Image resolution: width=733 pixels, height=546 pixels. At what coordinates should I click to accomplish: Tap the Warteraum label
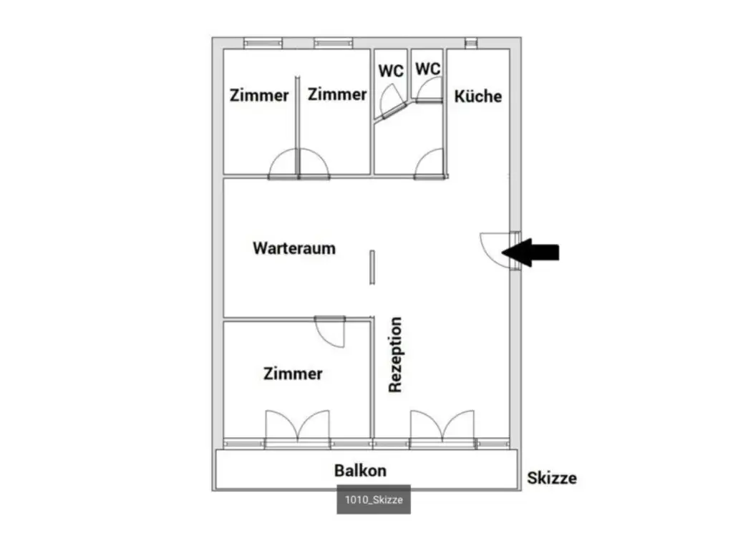pos(294,248)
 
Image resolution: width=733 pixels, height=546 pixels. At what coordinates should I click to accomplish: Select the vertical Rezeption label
pos(395,355)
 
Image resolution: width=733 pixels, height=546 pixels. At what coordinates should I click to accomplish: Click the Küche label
pos(478,96)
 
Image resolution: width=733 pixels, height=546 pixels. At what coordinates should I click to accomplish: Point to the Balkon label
pos(360,470)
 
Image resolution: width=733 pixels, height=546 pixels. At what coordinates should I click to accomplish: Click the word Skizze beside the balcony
pos(551,478)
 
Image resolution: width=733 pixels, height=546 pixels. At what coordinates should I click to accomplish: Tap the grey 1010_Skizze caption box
pos(374,500)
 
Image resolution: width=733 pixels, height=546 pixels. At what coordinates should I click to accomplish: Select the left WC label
pos(391,71)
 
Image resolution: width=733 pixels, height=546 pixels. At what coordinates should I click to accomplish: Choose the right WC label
pos(428,69)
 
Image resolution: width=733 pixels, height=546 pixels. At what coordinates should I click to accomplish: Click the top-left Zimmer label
pos(259,95)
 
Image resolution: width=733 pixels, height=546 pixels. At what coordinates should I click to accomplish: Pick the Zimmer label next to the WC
pos(337,94)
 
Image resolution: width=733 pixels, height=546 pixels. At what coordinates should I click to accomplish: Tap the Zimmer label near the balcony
pos(293,374)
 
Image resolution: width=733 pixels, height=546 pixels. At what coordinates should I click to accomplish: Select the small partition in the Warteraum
pos(372,267)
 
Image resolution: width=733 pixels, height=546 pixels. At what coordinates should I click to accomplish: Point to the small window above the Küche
pos(470,43)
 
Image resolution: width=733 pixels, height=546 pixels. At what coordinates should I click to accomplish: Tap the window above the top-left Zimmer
pos(263,43)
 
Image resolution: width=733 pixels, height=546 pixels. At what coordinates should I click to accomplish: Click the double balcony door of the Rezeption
pos(442,426)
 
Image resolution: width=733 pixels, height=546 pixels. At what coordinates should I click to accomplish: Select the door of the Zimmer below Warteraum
pos(330,331)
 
